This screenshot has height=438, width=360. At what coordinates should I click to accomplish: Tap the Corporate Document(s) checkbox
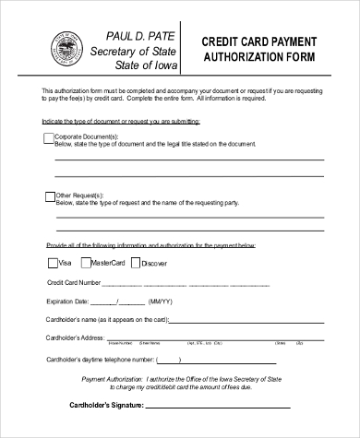coord(49,138)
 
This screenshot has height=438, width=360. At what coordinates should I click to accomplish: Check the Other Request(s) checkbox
coord(49,195)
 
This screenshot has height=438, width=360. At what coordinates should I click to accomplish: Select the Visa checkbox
coord(51,263)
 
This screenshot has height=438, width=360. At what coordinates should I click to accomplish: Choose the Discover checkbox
coord(136,263)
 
